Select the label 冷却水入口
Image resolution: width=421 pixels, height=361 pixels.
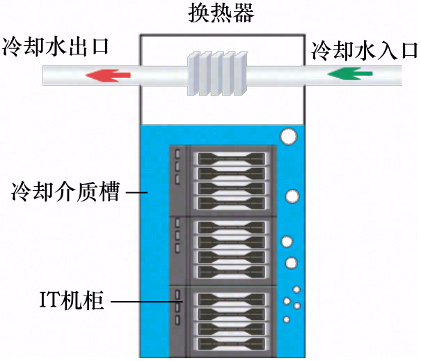coord(364,50)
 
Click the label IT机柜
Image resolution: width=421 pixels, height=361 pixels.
coord(70,302)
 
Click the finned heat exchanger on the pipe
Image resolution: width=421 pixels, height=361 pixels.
coord(218,73)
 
